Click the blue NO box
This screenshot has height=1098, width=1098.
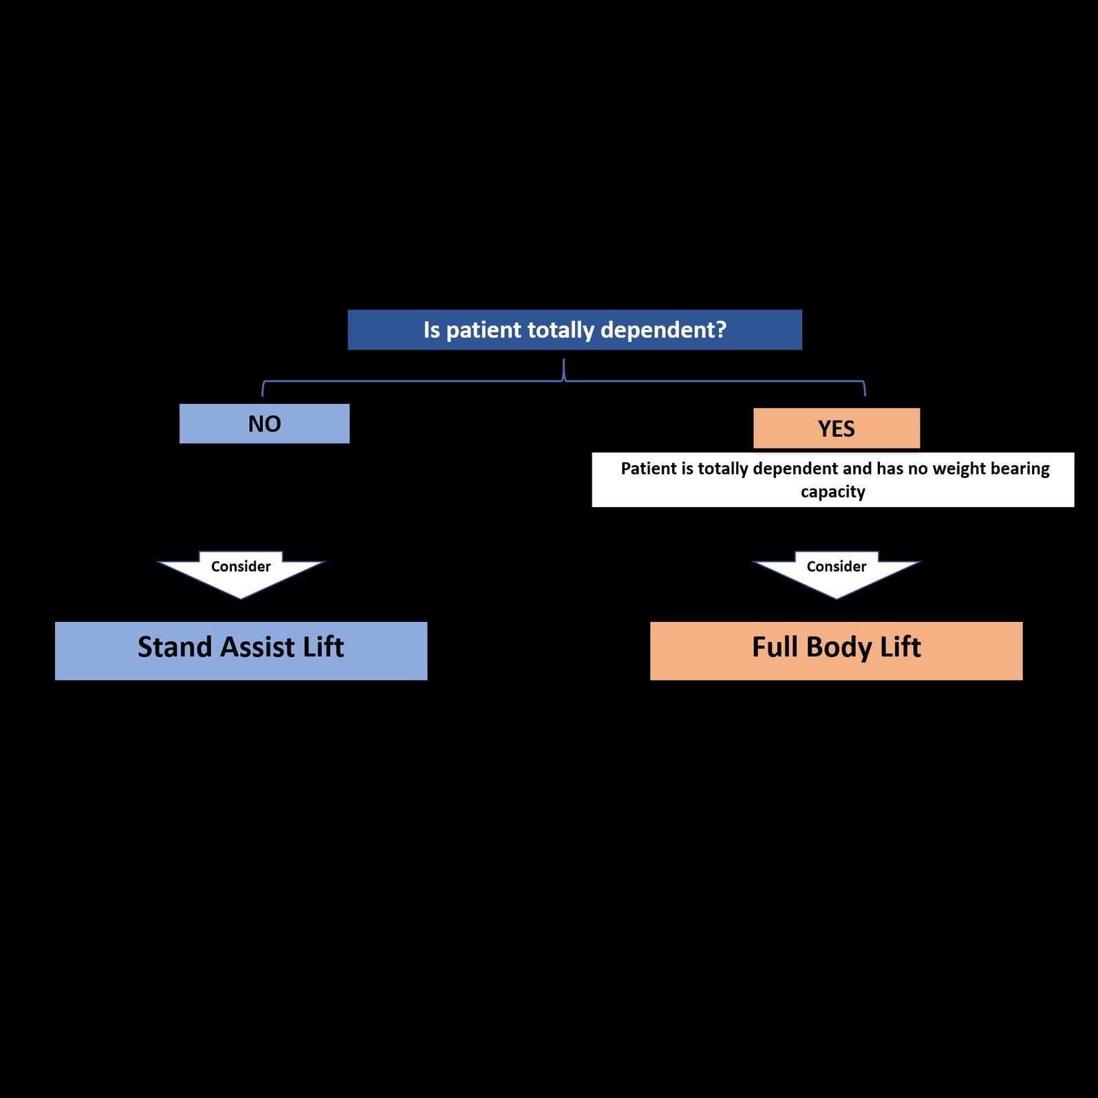tap(264, 424)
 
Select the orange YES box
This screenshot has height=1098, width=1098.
tap(836, 429)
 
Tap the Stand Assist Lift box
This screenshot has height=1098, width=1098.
tap(241, 651)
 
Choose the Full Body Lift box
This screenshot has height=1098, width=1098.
tap(836, 651)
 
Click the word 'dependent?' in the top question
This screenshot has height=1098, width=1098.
tap(663, 330)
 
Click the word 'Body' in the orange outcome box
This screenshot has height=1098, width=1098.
tap(839, 648)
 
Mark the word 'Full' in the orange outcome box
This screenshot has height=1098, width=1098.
tap(775, 647)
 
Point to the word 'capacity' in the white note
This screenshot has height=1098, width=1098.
tap(832, 493)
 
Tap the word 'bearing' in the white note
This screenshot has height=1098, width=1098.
tap(1020, 469)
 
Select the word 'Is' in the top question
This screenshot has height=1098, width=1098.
tap(431, 330)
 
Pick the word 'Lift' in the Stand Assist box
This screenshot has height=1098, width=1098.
tap(323, 647)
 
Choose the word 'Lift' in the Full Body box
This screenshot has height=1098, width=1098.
tap(900, 647)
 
